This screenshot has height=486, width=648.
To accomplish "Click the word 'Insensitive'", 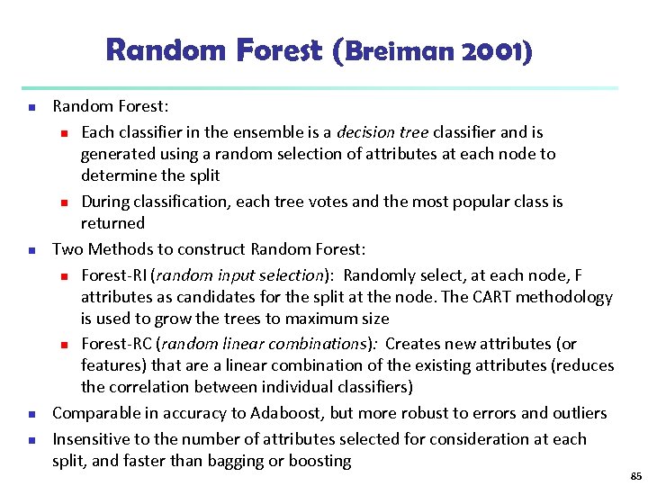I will click(x=91, y=438).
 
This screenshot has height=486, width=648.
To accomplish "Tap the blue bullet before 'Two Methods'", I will click(x=31, y=249).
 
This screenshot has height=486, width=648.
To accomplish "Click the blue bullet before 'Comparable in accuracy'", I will click(x=31, y=414).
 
